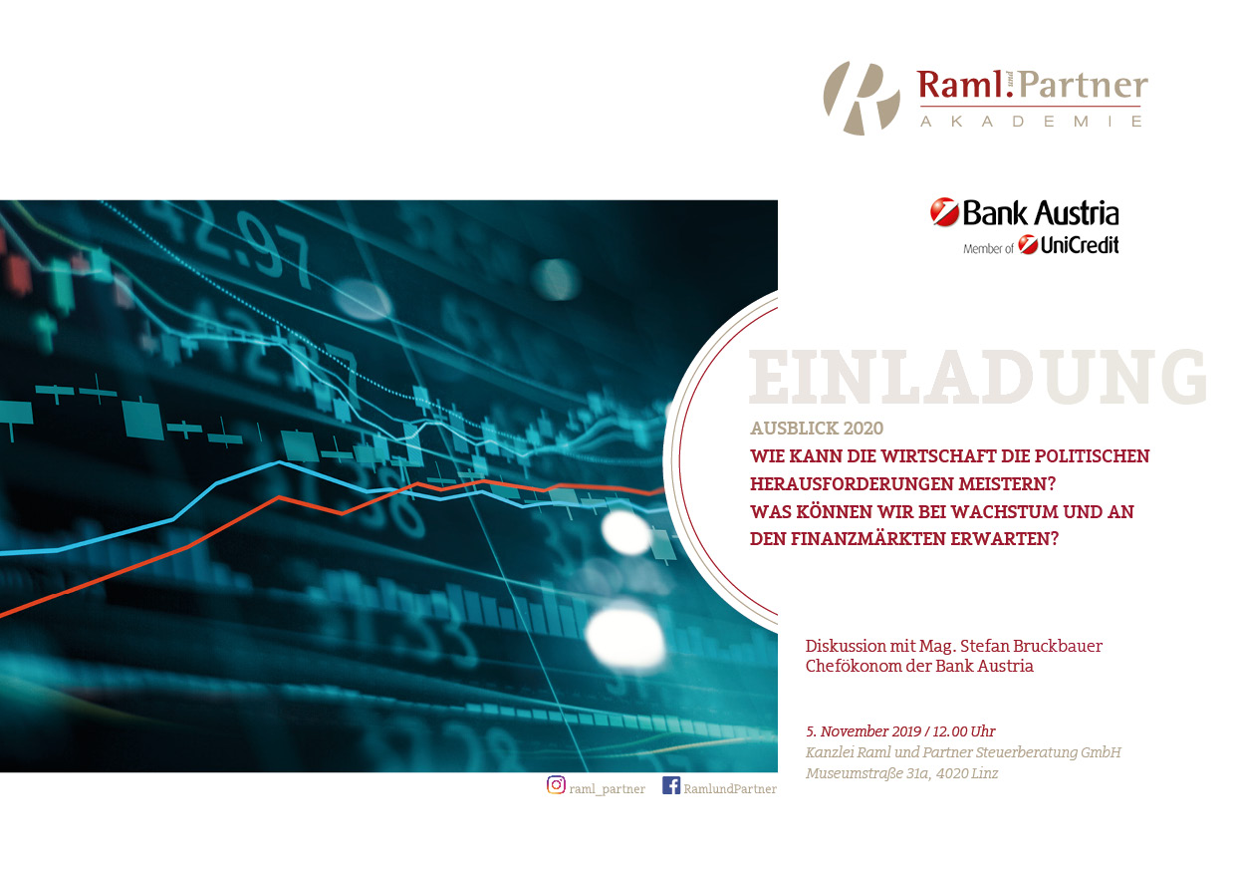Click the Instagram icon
pyautogui.click(x=556, y=785)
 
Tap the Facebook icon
pyautogui.click(x=671, y=785)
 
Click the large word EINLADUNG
pyautogui.click(x=977, y=377)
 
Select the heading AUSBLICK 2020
pyautogui.click(x=817, y=429)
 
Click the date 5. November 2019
pyautogui.click(x=864, y=731)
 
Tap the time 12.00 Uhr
pyautogui.click(x=964, y=731)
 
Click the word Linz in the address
pyautogui.click(x=985, y=773)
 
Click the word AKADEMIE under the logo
pyautogui.click(x=1031, y=122)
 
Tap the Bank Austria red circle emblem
pyautogui.click(x=944, y=212)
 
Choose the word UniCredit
pyautogui.click(x=1080, y=245)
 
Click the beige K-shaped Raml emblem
pyautogui.click(x=862, y=99)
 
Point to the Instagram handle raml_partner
pyautogui.click(x=607, y=789)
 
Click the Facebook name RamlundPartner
pyautogui.click(x=730, y=789)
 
